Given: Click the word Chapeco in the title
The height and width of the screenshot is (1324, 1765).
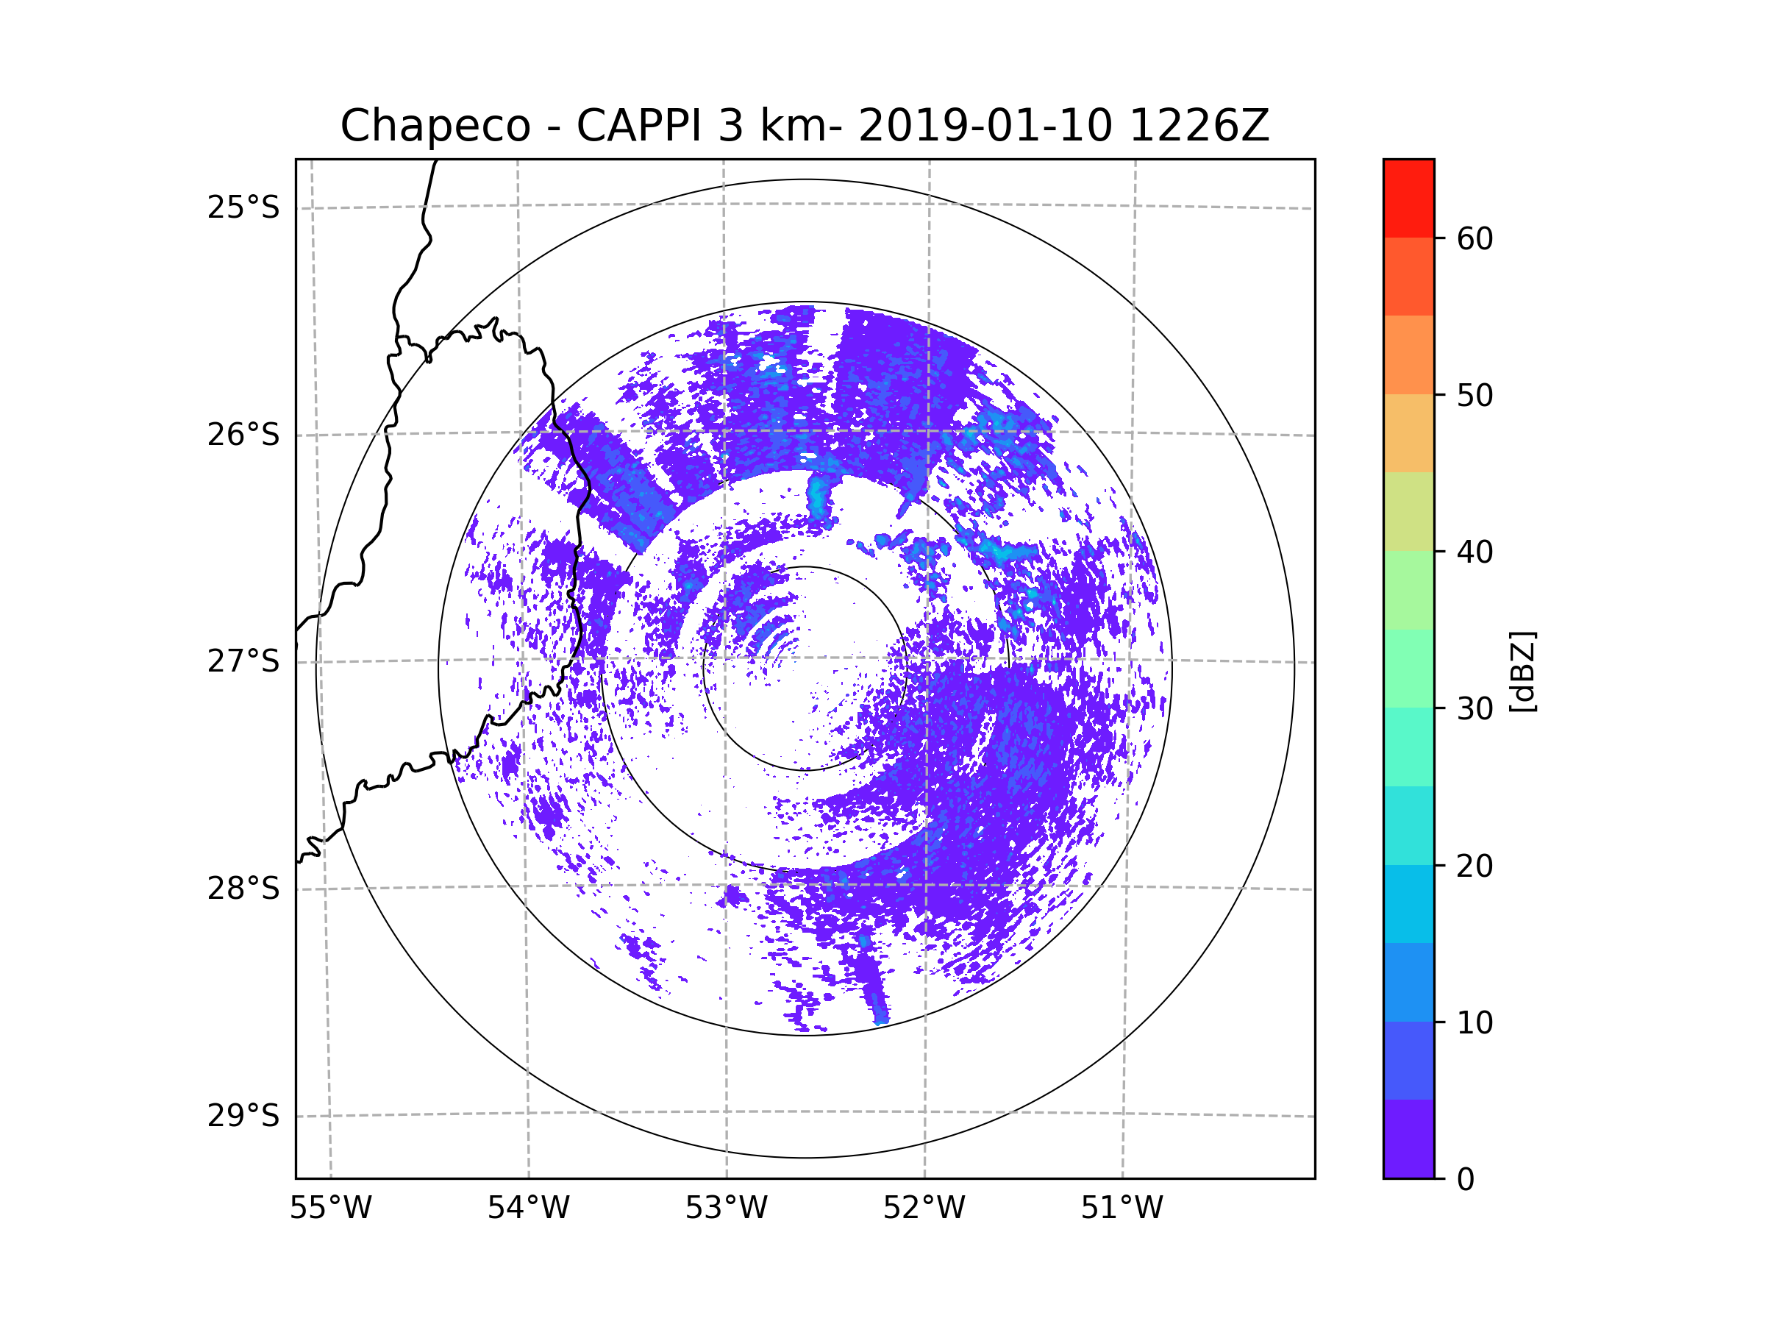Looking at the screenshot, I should [x=435, y=126].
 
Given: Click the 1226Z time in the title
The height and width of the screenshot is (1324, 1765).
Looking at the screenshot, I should [x=1199, y=126].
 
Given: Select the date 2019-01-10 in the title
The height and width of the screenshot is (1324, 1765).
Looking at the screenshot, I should [x=985, y=126].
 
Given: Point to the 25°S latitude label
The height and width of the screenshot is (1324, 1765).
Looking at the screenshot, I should [x=243, y=207].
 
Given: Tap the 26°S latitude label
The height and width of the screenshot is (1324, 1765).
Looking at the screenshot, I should [x=243, y=435].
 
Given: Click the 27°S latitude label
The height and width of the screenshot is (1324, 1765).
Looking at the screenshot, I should [x=243, y=661].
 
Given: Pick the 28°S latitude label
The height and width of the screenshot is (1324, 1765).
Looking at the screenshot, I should [x=243, y=889].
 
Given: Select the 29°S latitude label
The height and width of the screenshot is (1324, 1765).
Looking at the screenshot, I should [x=243, y=1116].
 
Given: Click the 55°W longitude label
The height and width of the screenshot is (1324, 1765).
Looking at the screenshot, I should [x=330, y=1209].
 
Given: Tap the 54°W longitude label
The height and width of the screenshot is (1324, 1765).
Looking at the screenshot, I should [x=528, y=1209].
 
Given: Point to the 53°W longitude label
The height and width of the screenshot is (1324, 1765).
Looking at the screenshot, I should [x=726, y=1209].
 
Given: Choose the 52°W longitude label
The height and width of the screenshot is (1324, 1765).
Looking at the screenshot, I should [x=924, y=1209].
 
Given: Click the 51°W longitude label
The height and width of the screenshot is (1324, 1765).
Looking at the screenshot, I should [x=1122, y=1209].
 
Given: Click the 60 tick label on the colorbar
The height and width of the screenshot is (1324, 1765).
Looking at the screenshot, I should [x=1475, y=238].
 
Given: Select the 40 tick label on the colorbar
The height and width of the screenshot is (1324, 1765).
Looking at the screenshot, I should [x=1475, y=552].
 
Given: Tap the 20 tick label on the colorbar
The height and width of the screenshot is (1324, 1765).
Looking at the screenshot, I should [x=1475, y=866].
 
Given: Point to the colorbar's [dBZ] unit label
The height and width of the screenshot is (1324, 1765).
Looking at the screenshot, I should [x=1522, y=671].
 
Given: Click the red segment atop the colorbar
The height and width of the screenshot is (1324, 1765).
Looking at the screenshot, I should [x=1408, y=198].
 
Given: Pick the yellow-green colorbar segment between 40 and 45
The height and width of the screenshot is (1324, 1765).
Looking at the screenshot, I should [x=1408, y=511].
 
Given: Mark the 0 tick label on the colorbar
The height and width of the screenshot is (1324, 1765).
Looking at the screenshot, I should [x=1466, y=1180].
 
